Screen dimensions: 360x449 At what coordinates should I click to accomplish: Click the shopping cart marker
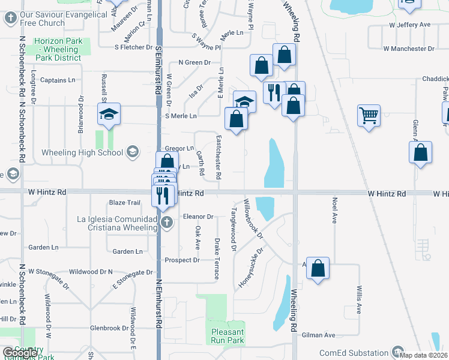369,115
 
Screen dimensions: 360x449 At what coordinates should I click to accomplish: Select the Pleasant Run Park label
228,336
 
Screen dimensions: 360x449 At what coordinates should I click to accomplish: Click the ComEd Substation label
354,353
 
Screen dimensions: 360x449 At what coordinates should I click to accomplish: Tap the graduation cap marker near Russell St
109,115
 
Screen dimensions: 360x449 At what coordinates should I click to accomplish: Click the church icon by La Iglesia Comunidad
167,224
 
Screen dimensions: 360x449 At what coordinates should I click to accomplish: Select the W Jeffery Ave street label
410,25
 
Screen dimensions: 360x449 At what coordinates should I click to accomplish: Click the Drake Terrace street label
217,259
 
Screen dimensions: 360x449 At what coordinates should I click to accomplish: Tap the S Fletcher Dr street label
134,47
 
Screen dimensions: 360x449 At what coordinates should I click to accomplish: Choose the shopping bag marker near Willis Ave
318,268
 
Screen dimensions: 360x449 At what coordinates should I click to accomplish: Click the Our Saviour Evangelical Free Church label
42,18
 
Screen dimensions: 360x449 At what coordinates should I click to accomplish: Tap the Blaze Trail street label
124,203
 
